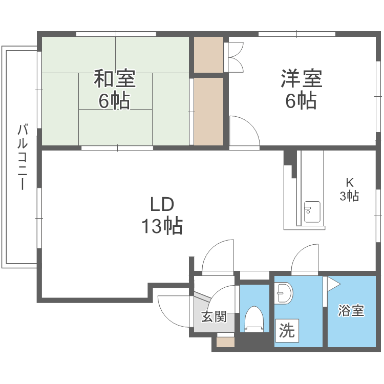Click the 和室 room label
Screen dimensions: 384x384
114,79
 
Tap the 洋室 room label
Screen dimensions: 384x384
301,79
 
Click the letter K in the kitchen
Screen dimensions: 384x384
350,182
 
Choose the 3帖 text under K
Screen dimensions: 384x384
350,195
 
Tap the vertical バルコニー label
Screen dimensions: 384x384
22,156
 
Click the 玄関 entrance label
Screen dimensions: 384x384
213,317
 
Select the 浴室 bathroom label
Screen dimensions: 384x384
351,311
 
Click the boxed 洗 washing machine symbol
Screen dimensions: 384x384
286,331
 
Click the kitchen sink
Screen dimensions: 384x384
312,211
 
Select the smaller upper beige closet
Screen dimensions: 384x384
208,54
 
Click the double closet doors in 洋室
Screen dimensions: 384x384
236,55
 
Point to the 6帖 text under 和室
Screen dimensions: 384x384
114,101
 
